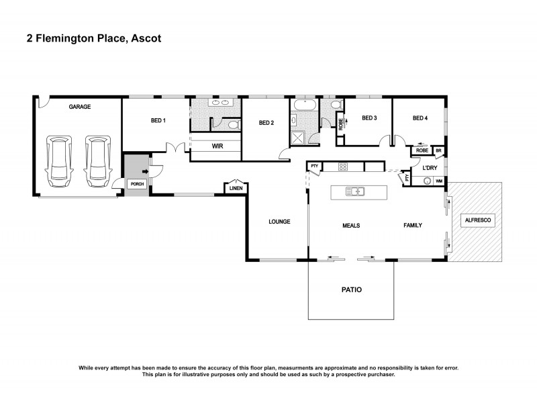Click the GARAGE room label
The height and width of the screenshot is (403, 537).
coord(79,107)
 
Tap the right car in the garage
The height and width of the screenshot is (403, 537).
coord(97,161)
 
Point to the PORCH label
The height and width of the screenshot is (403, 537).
coord(137,183)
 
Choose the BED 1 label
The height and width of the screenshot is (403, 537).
coord(158,121)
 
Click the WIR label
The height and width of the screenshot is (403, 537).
coord(217,146)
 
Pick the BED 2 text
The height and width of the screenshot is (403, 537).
coord(266,123)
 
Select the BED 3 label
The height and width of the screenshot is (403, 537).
coord(369,118)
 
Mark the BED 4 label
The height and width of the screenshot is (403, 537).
coord(420,118)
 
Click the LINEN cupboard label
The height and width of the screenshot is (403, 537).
coord(236,189)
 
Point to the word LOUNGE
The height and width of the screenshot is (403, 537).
coord(279,221)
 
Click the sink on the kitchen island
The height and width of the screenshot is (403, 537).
coord(354,191)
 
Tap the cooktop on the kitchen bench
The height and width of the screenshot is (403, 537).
coord(342,167)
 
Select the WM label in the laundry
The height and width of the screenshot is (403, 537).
coord(439,181)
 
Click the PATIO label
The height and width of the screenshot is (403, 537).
coord(351,290)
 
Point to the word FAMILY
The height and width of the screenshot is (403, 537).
coord(412,225)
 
